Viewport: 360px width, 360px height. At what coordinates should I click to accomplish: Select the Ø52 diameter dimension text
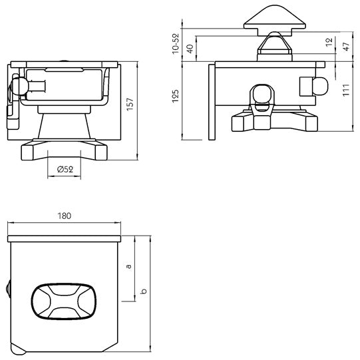(65, 169)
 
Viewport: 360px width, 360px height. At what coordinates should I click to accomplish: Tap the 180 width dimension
(64, 216)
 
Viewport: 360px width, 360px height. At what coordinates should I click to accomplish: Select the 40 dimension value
(190, 49)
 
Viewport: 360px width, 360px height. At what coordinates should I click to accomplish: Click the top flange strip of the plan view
(64, 237)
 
